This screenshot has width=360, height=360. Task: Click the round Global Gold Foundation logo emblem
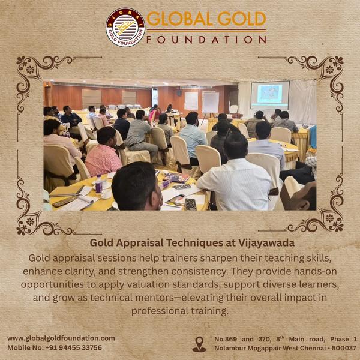pyautogui.click(x=125, y=27)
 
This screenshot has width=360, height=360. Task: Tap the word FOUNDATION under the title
pyautogui.click(x=207, y=40)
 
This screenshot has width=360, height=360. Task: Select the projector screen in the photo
pyautogui.click(x=269, y=95)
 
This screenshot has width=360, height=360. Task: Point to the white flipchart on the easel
pyautogui.click(x=211, y=102)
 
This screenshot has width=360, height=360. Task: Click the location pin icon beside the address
pyautogui.click(x=199, y=344)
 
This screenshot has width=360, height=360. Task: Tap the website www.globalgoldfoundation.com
pyautogui.click(x=61, y=338)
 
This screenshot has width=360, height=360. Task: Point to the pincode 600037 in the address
pyautogui.click(x=343, y=348)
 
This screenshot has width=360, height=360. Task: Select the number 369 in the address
pyautogui.click(x=240, y=339)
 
